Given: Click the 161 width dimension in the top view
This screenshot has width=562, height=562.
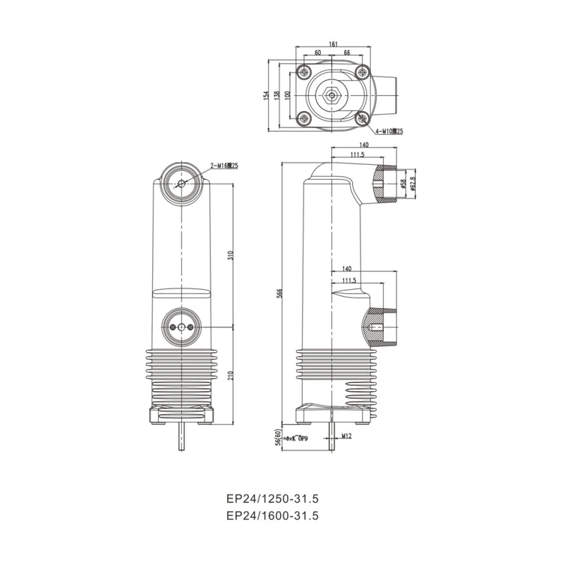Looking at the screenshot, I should [332, 44].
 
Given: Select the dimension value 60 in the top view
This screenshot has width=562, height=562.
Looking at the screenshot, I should [318, 53].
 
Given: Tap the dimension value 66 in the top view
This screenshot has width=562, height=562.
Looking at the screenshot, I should [347, 53].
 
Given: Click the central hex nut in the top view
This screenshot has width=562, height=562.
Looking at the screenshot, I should [332, 96].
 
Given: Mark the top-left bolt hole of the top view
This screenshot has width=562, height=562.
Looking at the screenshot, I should [303, 73].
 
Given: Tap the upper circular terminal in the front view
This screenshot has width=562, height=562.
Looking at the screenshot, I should [181, 183].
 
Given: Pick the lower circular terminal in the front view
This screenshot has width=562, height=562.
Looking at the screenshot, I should [181, 328].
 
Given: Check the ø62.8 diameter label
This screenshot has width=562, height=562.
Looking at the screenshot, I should [414, 183].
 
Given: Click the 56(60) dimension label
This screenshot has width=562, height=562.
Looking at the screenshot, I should [278, 438].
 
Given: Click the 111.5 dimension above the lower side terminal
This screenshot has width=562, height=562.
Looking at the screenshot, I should [348, 280].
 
